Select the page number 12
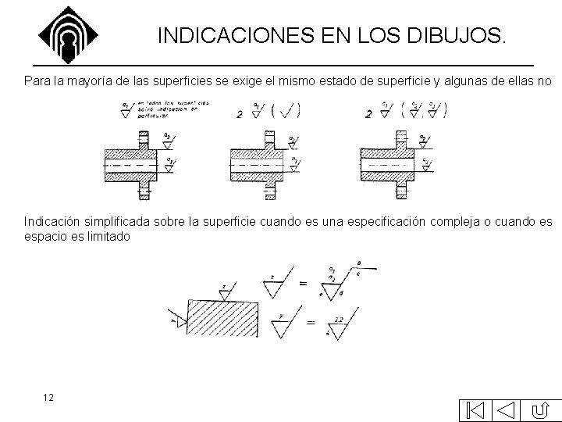tap(48, 398)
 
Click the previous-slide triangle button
tap(507, 409)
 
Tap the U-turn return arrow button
tap(542, 409)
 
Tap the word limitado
tap(105, 236)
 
